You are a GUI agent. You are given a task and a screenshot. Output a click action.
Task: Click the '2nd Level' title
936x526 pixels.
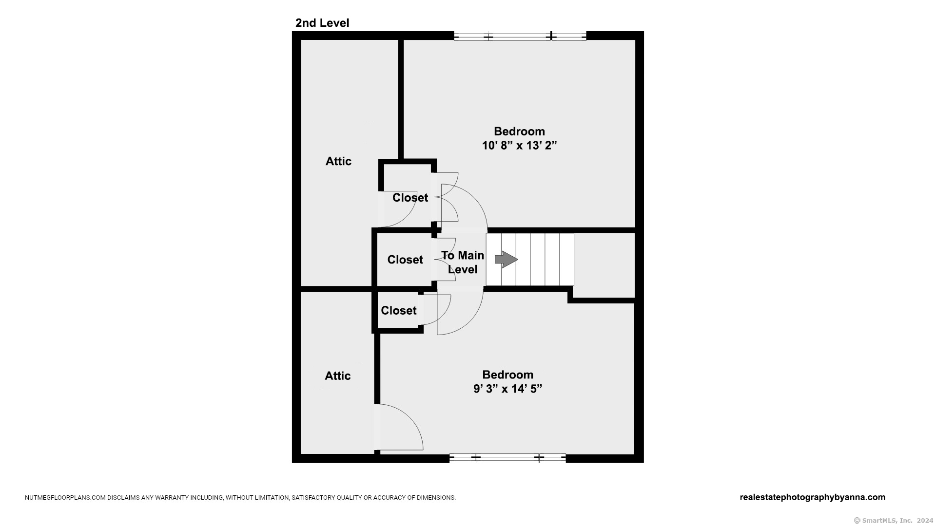[322, 23]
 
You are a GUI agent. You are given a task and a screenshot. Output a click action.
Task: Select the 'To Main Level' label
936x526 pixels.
[463, 262]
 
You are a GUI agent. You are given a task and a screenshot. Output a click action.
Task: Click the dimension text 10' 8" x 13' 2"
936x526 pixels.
[519, 145]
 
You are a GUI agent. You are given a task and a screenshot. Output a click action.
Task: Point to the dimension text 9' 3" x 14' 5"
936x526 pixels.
[507, 389]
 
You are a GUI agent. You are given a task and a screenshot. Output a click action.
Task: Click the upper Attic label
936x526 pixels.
[338, 161]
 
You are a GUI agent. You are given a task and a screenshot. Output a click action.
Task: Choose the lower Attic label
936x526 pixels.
[338, 376]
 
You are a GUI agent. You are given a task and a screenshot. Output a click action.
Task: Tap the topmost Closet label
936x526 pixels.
[410, 198]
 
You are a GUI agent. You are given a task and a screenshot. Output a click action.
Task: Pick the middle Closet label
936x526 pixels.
[405, 260]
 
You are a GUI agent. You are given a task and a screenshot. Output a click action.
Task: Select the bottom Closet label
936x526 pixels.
[399, 311]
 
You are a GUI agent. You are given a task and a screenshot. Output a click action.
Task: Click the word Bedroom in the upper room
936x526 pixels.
[519, 131]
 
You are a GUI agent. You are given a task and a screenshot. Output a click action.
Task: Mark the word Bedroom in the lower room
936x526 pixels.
[507, 375]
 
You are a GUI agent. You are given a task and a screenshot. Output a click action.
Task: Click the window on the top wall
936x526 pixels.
[520, 37]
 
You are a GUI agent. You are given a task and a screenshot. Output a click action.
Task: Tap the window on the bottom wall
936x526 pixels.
[507, 458]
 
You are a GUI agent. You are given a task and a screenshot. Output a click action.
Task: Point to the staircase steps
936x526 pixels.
[536, 260]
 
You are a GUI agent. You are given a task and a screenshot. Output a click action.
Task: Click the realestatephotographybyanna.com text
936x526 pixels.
[812, 497]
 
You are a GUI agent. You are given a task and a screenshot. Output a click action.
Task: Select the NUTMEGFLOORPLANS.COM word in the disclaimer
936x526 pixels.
[65, 498]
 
